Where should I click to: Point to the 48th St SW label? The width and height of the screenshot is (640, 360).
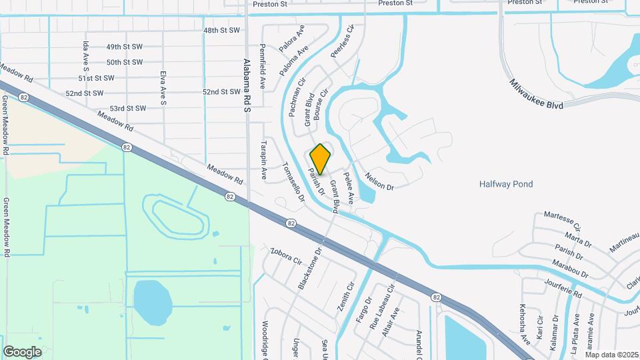tap(221, 31)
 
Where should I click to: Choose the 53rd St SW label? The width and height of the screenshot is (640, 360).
tap(128, 108)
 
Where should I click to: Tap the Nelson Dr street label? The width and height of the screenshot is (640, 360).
tap(379, 181)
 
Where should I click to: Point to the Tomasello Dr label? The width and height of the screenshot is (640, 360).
tap(293, 182)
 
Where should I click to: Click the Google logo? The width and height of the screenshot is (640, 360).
tap(22, 351)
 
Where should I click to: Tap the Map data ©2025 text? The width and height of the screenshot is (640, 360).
tap(611, 355)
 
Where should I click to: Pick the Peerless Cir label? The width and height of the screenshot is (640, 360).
tap(341, 41)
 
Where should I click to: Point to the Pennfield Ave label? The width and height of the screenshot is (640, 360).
tap(263, 67)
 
